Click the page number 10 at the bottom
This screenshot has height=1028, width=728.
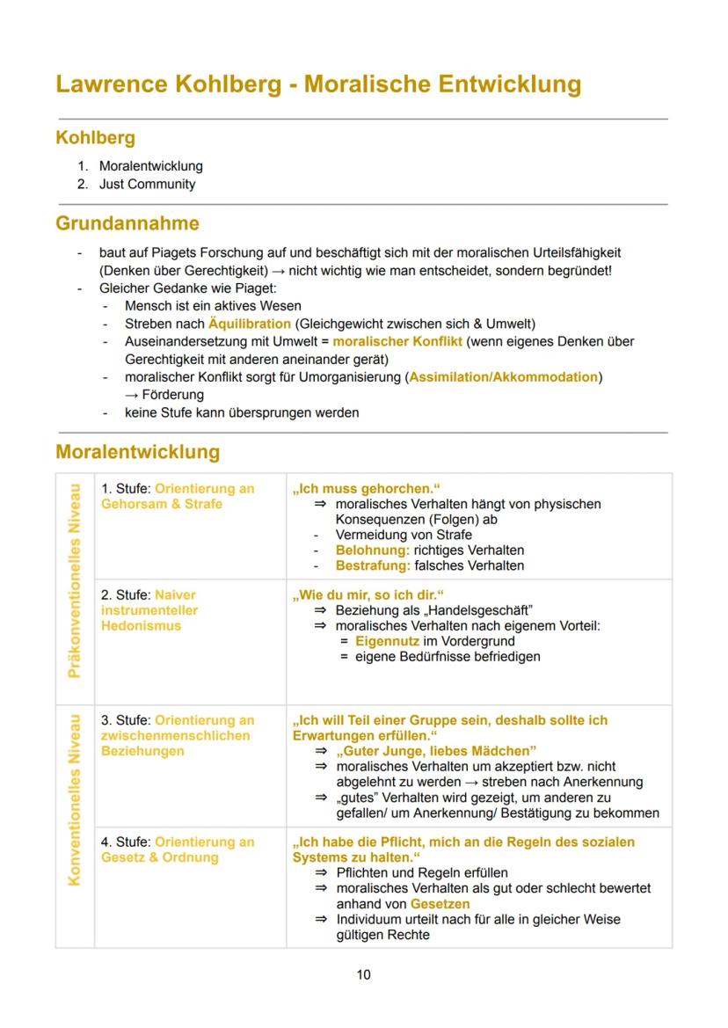(x=363, y=974)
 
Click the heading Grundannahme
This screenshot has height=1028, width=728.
(x=127, y=223)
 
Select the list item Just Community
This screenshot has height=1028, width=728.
(x=147, y=184)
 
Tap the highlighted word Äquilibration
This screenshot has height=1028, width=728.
(x=249, y=324)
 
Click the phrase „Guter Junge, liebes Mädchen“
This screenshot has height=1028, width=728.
(x=436, y=751)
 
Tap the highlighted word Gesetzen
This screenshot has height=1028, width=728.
(x=440, y=903)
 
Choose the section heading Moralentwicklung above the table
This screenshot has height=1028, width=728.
(x=137, y=452)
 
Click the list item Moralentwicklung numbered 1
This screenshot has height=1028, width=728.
(x=150, y=165)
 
